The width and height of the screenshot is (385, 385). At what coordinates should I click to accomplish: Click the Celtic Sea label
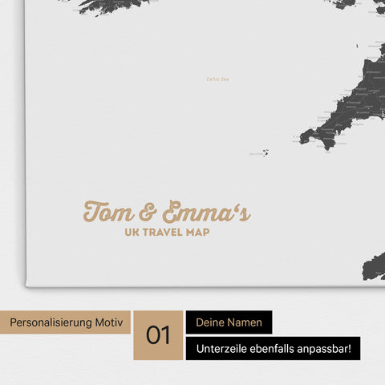[218, 79]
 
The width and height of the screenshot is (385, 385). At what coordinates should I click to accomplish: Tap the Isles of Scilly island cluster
[263, 152]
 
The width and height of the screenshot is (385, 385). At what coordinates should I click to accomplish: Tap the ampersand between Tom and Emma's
[150, 214]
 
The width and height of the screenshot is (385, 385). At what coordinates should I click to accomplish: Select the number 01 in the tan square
[158, 334]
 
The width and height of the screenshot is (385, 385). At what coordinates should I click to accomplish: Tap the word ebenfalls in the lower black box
[277, 349]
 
